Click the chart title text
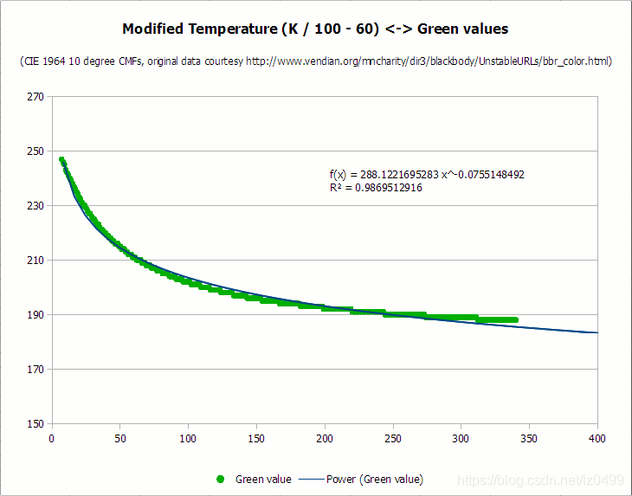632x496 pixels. tap(315, 29)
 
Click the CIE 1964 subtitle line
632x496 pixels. tap(315, 61)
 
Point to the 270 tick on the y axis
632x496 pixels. tap(35, 96)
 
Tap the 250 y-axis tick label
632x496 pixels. tap(35, 151)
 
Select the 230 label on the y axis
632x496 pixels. tap(35, 205)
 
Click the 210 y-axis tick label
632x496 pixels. tap(35, 260)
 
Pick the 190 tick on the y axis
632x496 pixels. tap(35, 314)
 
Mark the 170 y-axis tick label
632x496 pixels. tap(35, 369)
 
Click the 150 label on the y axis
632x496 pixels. tap(35, 423)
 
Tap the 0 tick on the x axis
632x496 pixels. tap(52, 438)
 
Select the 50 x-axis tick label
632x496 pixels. tap(120, 438)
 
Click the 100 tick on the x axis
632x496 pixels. tap(188, 438)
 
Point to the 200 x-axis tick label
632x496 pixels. tap(325, 438)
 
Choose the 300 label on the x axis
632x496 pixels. tap(461, 438)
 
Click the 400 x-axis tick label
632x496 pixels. tap(597, 438)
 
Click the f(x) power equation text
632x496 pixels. tap(427, 174)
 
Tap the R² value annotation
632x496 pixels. tap(376, 187)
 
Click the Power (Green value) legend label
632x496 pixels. tap(375, 479)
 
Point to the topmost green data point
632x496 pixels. tap(61, 160)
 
